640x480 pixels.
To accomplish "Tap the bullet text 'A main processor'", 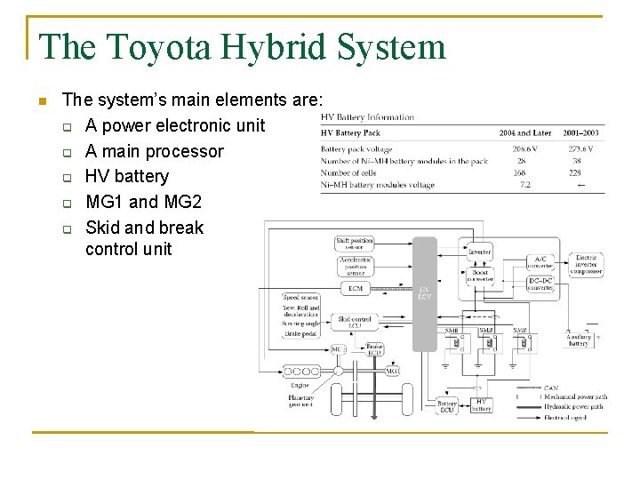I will coord(154,151).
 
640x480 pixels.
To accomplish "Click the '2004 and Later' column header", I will coord(524,133).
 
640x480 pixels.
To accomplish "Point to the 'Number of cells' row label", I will coord(348,172).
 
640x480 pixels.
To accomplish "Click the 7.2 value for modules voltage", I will coord(524,185).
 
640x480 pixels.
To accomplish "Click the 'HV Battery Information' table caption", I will coord(367,117).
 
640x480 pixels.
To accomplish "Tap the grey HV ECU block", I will coord(425,293).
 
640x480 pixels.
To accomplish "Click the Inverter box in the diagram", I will coord(480,252).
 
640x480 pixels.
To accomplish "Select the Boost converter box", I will coord(480,276).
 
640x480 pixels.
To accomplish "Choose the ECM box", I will coord(356,288).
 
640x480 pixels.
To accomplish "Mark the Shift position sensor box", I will coord(355,243).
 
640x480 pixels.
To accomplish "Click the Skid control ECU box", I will coord(355,322).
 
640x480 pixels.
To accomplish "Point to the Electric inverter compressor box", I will coord(587,265).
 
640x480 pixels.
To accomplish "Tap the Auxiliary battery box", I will coord(579,340).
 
